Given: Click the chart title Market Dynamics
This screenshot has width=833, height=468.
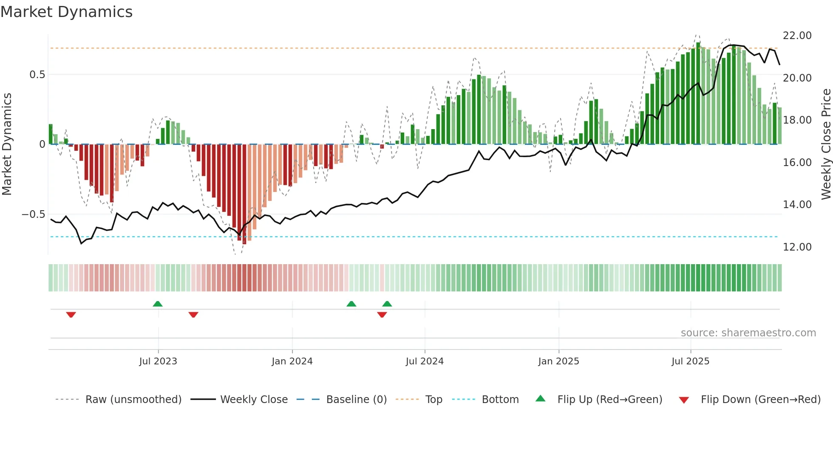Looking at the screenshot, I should [66, 12].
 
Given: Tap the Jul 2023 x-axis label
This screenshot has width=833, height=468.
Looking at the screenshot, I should [158, 361].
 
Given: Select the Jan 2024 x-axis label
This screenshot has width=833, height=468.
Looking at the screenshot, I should [292, 361].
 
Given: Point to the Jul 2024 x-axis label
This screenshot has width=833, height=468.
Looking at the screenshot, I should [425, 361].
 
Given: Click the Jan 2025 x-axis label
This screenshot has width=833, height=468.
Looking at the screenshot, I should [558, 361].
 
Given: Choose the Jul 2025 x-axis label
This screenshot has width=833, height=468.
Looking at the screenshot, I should [691, 361].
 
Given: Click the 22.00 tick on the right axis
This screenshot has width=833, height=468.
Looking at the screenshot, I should [797, 36].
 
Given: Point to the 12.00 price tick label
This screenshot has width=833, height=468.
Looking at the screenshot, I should [797, 247].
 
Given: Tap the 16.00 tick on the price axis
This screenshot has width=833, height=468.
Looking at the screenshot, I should [797, 163].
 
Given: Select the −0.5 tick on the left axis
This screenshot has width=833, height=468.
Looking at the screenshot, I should [34, 214].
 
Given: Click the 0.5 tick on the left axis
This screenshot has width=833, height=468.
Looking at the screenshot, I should [37, 75].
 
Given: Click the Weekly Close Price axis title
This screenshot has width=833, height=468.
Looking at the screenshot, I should [826, 144].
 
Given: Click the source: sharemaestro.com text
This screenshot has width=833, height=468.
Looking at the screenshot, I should [748, 333].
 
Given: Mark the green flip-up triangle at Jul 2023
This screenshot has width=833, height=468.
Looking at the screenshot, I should [158, 304].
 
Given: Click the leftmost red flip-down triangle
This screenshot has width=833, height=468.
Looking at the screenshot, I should [71, 315].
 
